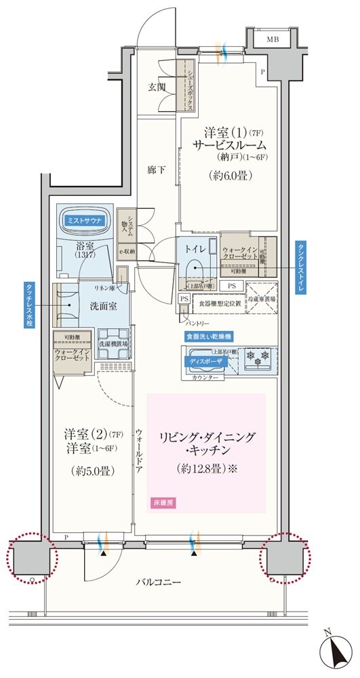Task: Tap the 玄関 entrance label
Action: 157,87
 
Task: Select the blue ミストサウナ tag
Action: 85,220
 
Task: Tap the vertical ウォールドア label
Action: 138,454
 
